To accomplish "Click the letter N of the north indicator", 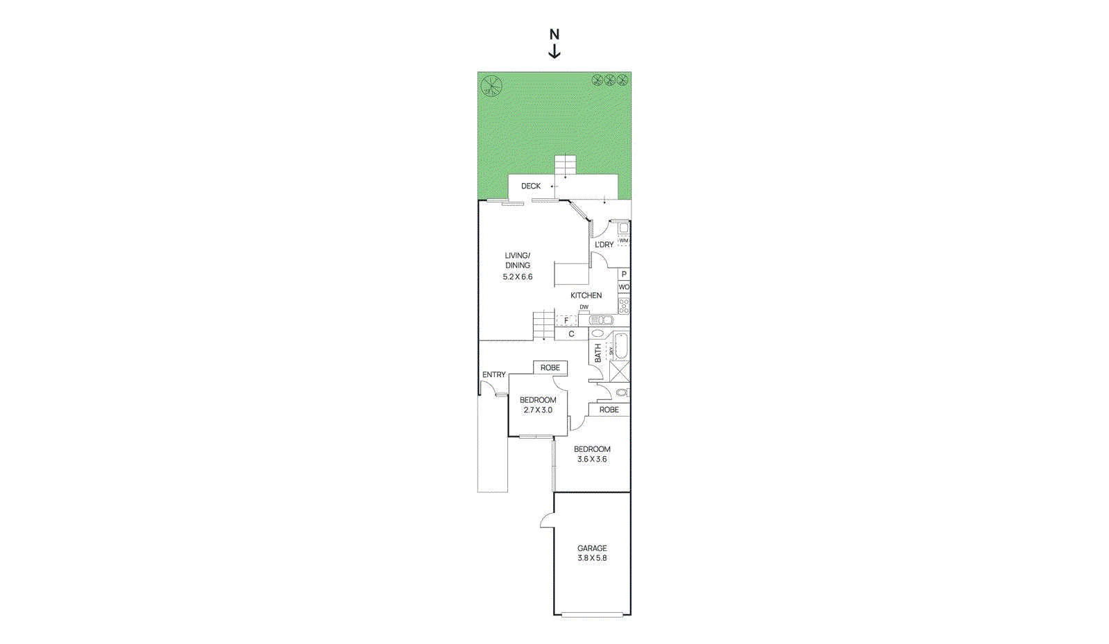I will click(554, 34).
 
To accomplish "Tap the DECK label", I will click(531, 186).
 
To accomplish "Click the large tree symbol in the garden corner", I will click(491, 86).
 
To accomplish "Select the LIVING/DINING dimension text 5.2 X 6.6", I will click(518, 277).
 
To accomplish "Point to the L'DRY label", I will click(604, 245).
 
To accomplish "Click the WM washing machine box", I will click(624, 241).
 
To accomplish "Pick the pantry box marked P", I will click(624, 275).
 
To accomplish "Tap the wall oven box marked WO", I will click(624, 287).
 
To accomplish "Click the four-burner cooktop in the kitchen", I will click(624, 306).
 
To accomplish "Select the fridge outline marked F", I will click(566, 320).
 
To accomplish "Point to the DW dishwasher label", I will click(584, 307).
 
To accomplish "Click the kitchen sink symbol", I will click(602, 320).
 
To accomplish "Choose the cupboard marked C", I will click(571, 334).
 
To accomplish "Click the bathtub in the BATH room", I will click(622, 346).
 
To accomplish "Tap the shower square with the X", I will click(620, 372).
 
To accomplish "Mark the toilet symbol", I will click(622, 392).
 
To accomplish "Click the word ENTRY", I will click(494, 375).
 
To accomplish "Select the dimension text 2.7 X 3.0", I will click(538, 410).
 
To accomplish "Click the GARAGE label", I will click(592, 548).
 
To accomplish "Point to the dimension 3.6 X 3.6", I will click(592, 459).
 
